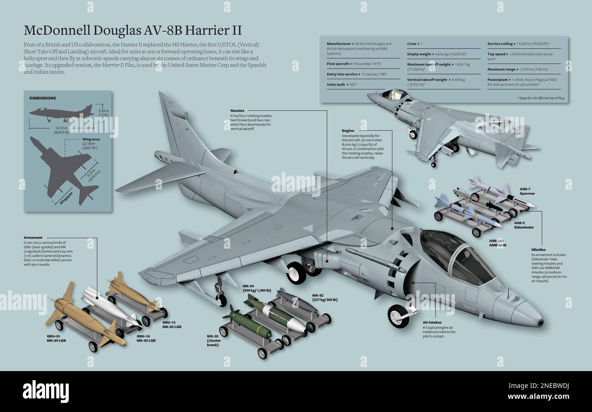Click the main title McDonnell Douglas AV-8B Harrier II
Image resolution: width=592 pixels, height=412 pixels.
pos(133,30)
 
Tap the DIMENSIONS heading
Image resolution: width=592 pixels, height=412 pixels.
pos(43,98)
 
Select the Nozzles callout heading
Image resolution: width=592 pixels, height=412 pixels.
pos(237,111)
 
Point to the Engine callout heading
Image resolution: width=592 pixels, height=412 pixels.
pos(348,131)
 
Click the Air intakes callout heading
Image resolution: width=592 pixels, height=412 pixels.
pos(432,322)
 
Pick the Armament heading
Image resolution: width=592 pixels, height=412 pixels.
pos(33,237)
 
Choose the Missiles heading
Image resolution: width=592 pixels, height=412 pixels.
pos(539,250)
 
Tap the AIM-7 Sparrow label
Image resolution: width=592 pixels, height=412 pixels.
pos(527,191)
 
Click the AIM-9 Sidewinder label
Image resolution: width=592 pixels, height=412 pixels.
pos(524,225)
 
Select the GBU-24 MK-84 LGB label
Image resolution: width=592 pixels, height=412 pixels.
pos(56,338)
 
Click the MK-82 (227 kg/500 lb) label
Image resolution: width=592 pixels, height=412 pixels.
pos(325,297)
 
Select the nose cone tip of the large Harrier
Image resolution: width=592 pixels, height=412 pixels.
pos(541,322)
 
